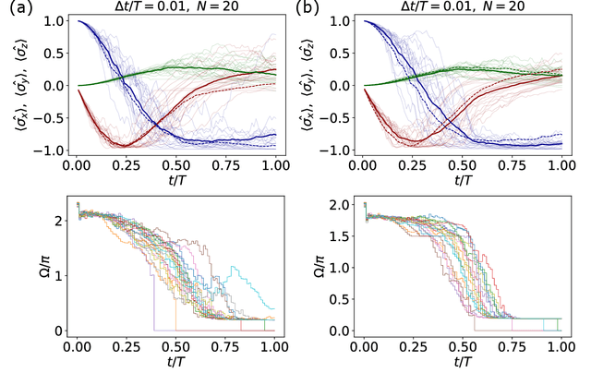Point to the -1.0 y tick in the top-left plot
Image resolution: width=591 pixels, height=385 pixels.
tap(52, 150)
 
